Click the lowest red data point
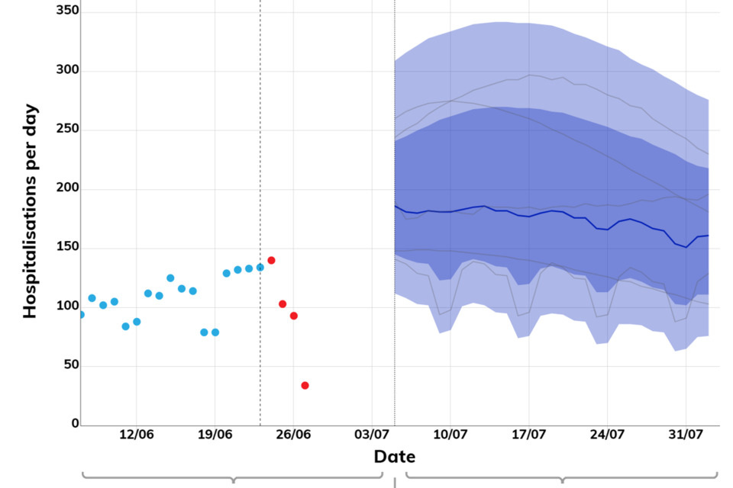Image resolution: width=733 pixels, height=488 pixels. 305,385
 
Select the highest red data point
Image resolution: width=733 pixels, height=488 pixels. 271,260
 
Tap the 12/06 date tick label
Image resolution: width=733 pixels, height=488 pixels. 136,435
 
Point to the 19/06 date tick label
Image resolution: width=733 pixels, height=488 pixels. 215,435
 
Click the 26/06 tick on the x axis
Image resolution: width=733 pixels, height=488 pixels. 293,435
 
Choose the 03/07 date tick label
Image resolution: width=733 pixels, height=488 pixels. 372,435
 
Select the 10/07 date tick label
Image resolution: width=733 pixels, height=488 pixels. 450,435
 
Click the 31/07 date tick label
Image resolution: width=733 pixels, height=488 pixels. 686,435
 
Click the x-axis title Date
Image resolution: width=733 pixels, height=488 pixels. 394,457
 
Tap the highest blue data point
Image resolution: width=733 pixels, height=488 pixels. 260,267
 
